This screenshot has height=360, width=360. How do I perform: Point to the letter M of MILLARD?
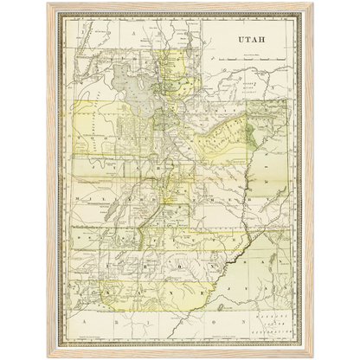pyautogui.click(x=80, y=197)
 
